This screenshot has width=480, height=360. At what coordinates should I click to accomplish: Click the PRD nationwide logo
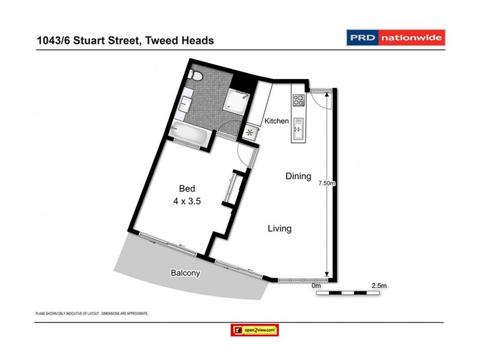(396, 38)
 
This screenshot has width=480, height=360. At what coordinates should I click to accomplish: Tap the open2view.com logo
(255, 330)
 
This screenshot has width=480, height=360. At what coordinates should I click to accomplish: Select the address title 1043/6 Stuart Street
(125, 40)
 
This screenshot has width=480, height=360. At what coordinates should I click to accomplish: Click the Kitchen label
(277, 121)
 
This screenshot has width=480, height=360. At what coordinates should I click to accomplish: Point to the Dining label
(298, 176)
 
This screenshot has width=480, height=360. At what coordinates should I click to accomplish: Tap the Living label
(280, 229)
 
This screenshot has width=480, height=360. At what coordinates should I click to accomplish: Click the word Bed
(187, 188)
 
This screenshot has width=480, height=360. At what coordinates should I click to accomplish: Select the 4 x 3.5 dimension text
(187, 202)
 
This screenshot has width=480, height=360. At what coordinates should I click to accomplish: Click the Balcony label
(185, 273)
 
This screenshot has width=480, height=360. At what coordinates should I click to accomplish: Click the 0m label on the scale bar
(317, 286)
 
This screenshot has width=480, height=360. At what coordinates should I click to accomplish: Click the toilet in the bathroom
(194, 76)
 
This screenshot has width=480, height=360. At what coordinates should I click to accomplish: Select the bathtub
(189, 133)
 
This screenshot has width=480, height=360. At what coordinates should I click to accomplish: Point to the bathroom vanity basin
(185, 102)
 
